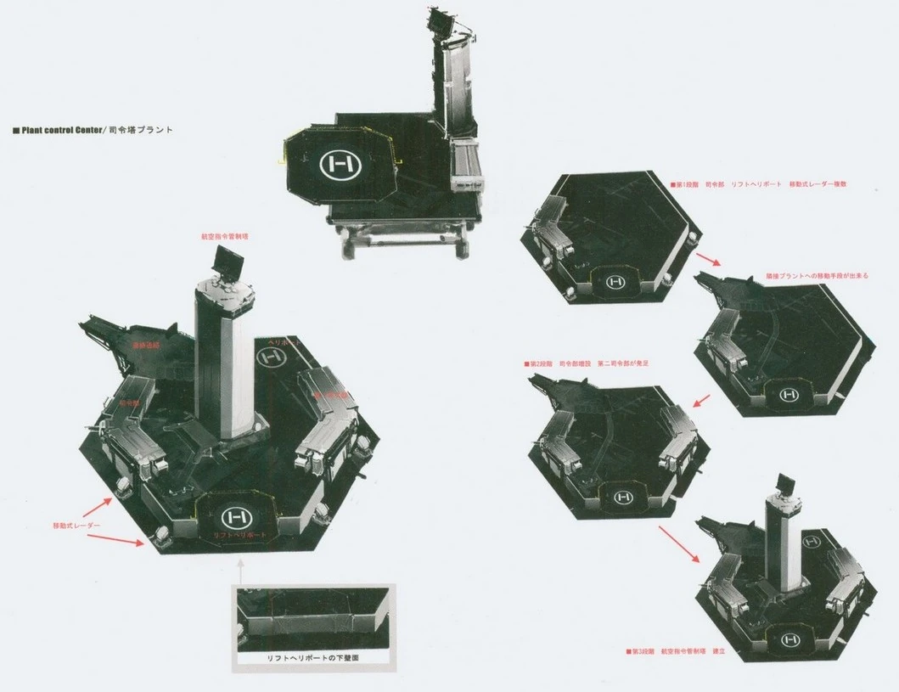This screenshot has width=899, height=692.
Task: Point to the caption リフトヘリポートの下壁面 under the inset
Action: click(314, 657)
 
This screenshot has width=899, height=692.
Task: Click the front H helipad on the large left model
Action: click(233, 515)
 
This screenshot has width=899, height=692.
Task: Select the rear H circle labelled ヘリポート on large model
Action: click(273, 358)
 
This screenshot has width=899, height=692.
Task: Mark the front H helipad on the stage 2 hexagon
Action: click(624, 494)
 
